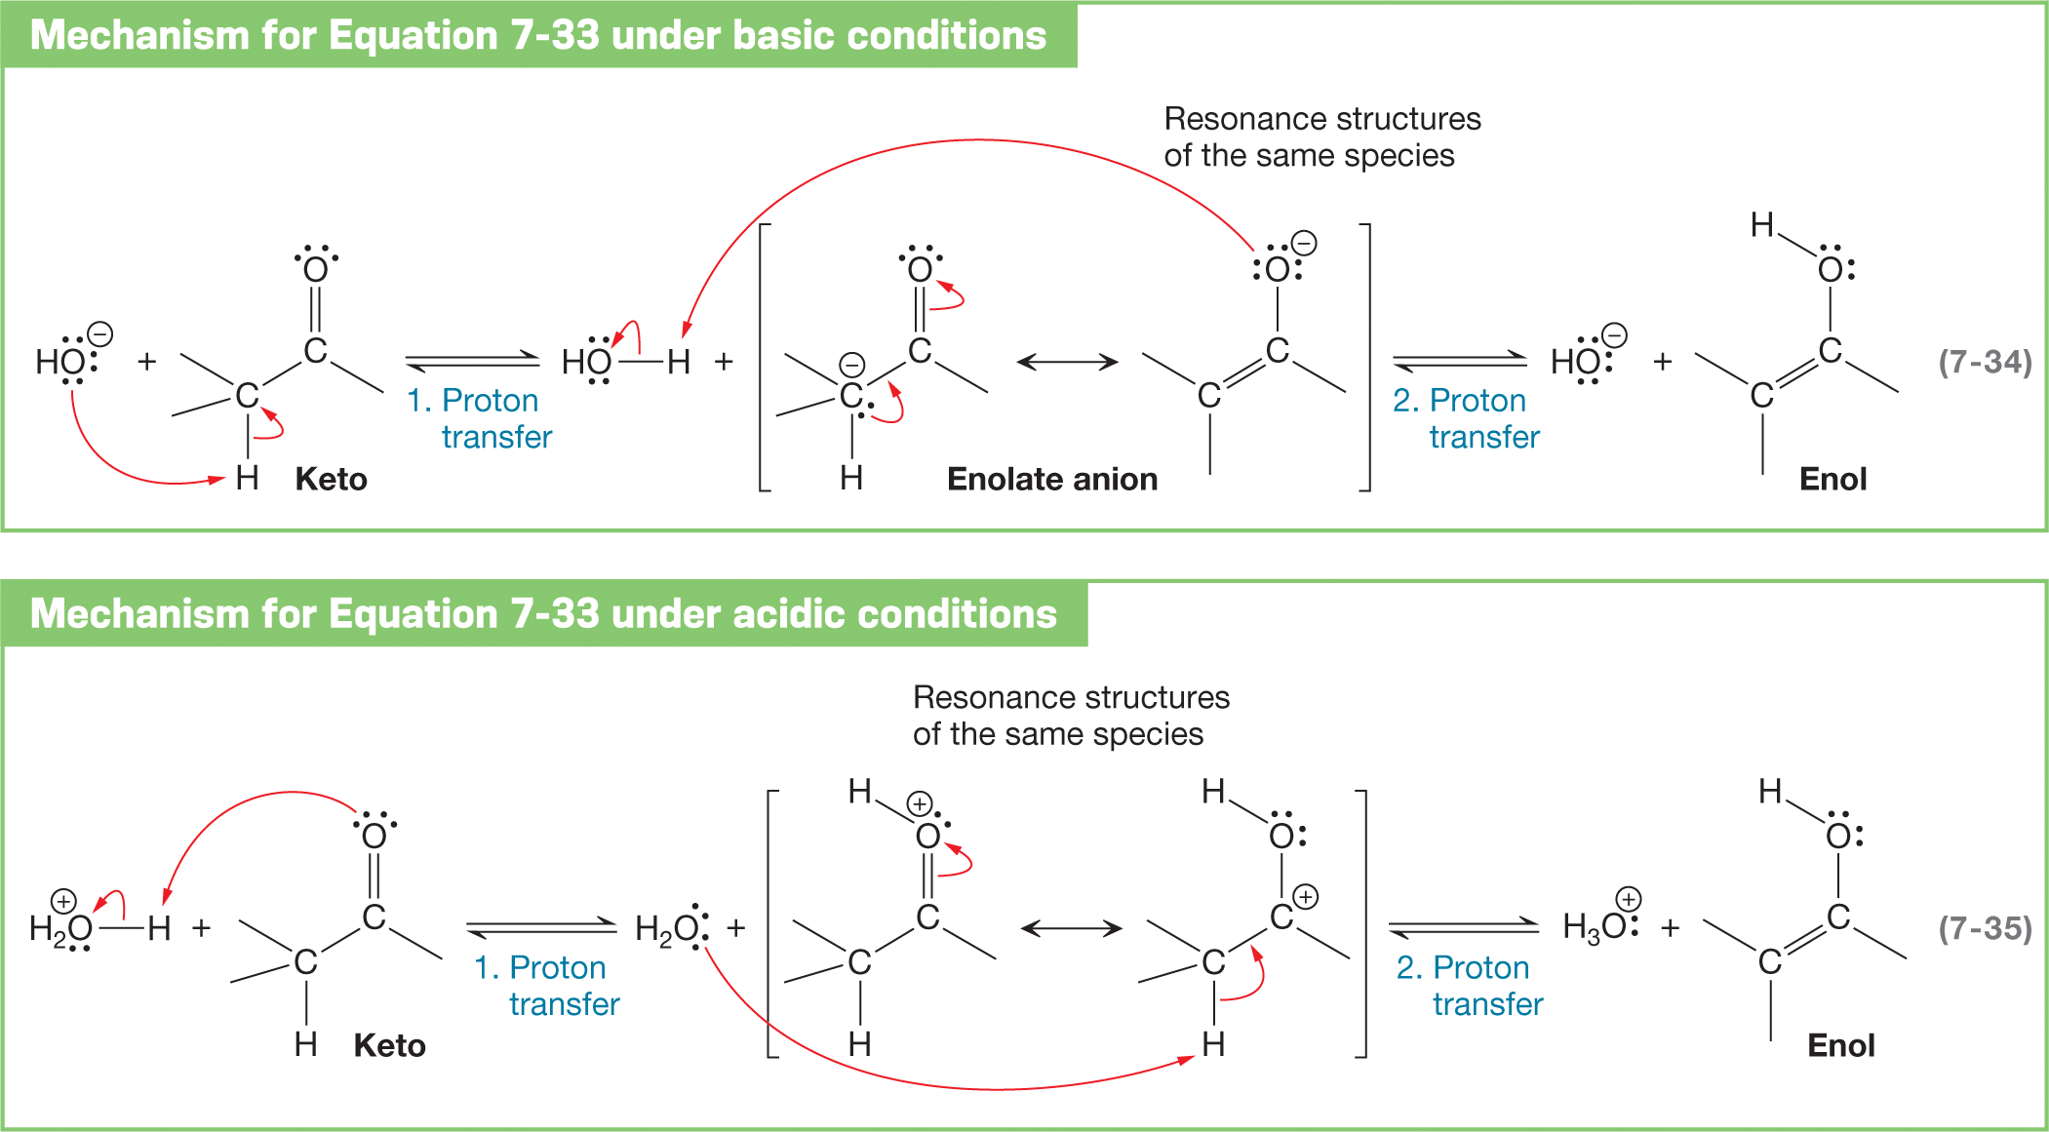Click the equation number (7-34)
coord(1985,362)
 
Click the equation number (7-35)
coord(1985,927)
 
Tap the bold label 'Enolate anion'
coord(1052,479)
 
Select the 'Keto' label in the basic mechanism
coord(331,479)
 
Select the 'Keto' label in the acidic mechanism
coord(389,1045)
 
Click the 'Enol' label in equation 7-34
coord(1832,479)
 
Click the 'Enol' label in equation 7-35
coord(1840,1045)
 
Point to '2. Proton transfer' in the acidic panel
coord(1470,985)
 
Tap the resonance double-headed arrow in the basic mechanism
coord(1067,362)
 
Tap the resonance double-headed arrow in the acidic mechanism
coord(1071,928)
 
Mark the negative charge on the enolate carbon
coord(852,366)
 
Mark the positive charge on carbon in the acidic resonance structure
coord(1305,896)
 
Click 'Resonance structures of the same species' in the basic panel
coord(1321,137)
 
